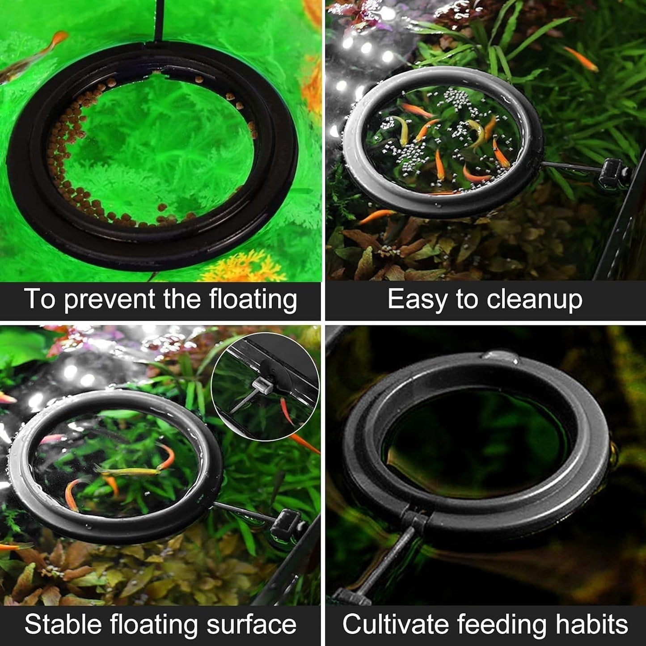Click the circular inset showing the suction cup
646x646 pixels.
[265, 387]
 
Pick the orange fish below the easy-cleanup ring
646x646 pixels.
[376, 216]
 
